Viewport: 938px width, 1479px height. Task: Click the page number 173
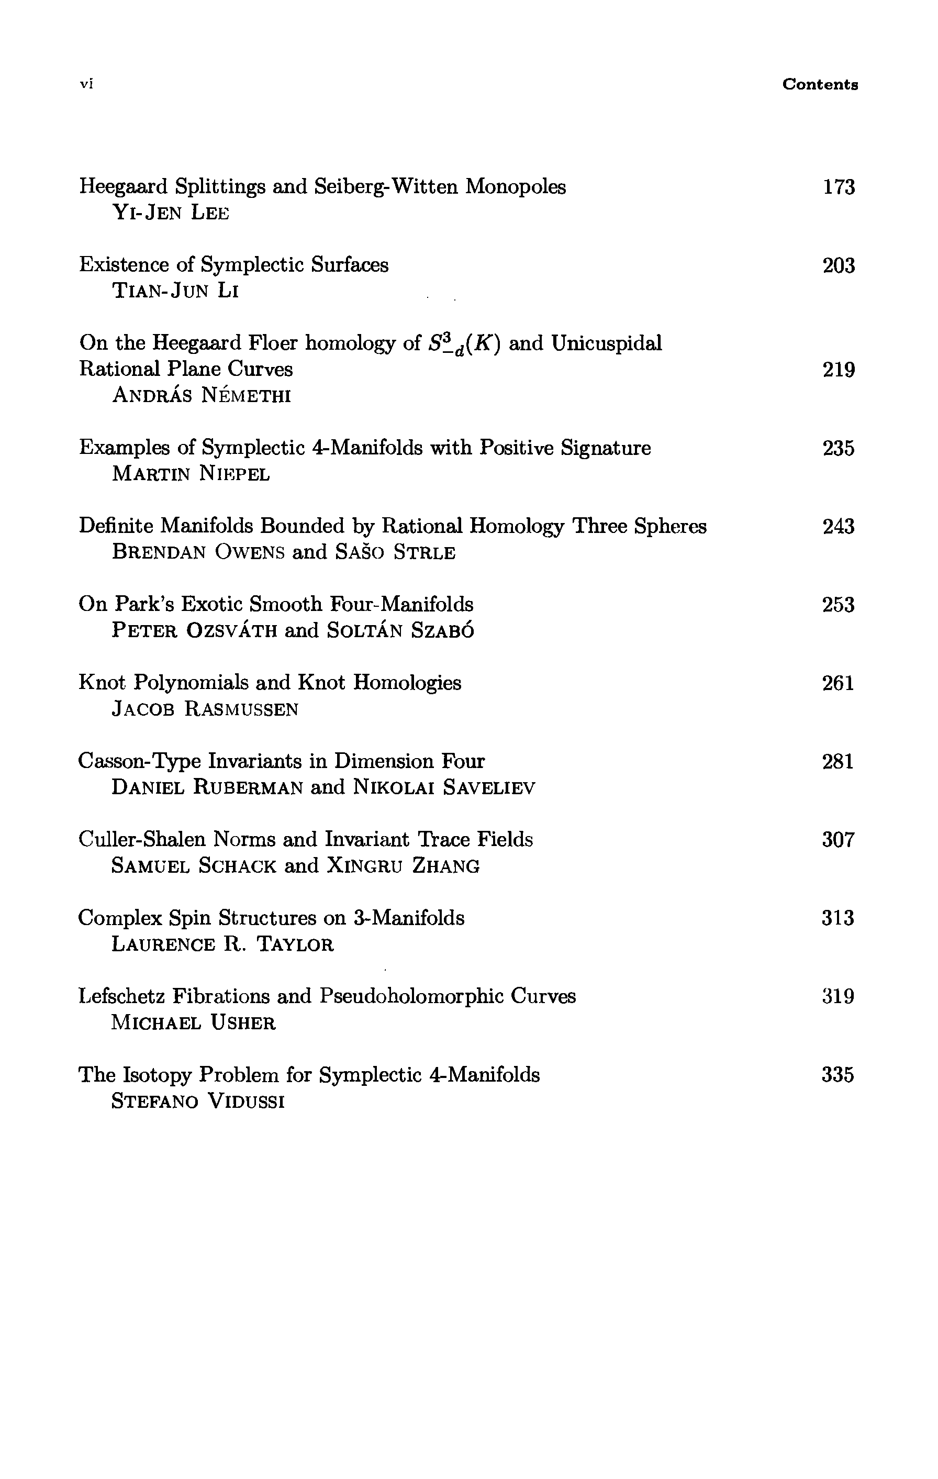839,187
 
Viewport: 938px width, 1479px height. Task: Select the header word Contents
820,84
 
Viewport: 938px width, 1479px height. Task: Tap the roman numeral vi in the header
86,84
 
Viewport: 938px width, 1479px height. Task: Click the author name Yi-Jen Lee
171,213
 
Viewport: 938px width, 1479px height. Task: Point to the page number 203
839,265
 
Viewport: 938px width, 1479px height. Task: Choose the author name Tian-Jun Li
175,291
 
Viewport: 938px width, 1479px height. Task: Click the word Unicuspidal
606,343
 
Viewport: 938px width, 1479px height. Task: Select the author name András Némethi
202,396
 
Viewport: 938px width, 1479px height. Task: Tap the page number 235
839,448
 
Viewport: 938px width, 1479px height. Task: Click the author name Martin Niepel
191,474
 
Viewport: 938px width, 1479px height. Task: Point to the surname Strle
425,553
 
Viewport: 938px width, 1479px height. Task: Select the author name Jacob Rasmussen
205,709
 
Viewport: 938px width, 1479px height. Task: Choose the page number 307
839,840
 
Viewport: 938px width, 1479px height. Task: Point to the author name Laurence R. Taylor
222,944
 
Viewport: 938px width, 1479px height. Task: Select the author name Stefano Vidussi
198,1101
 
